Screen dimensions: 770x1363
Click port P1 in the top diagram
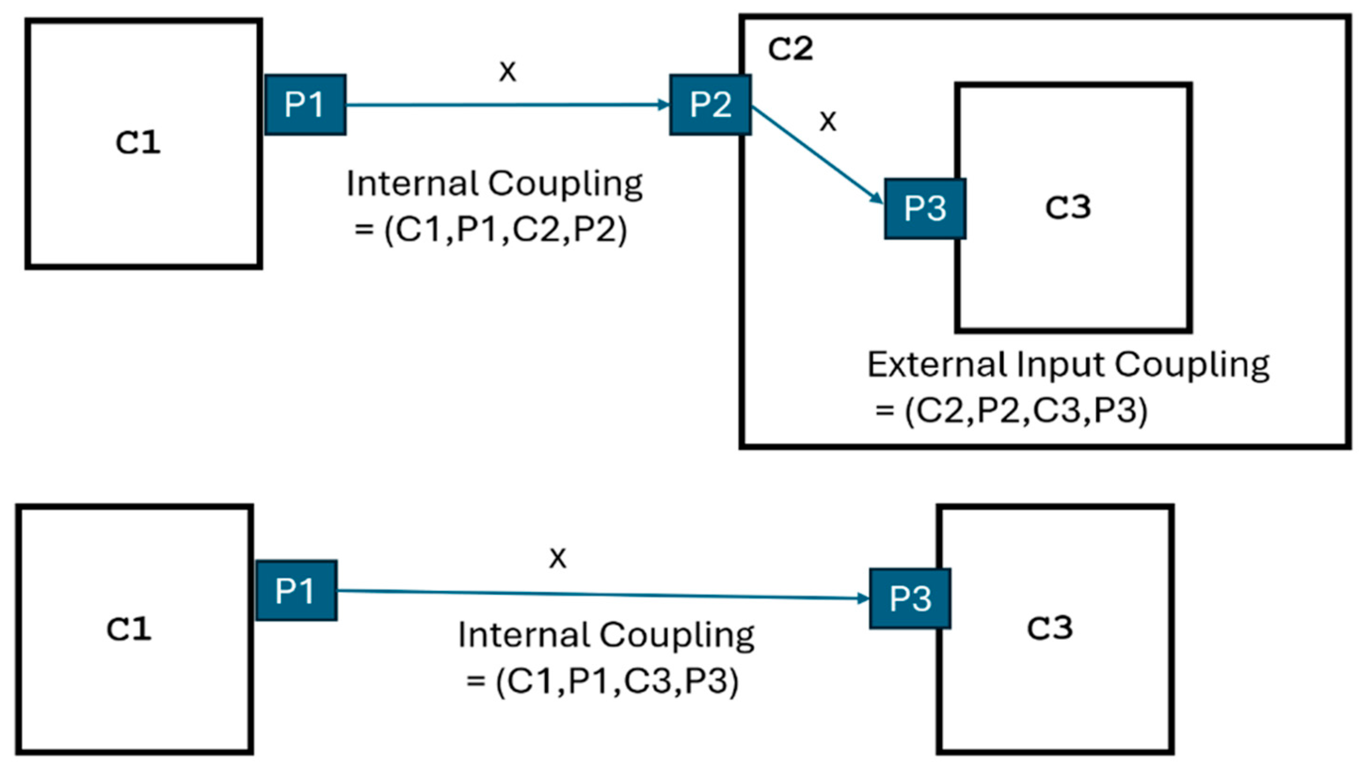pyautogui.click(x=305, y=105)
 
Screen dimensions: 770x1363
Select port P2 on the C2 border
pyautogui.click(x=710, y=105)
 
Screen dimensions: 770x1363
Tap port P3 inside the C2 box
pyautogui.click(x=925, y=208)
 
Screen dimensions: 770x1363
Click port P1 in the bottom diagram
pyautogui.click(x=296, y=590)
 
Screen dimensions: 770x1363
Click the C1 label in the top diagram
pyautogui.click(x=138, y=143)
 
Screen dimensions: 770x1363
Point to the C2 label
pyautogui.click(x=790, y=49)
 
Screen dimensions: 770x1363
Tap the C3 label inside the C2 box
pyautogui.click(x=1068, y=207)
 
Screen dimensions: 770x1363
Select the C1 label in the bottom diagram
pyautogui.click(x=129, y=629)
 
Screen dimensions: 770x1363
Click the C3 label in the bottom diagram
pyautogui.click(x=1050, y=628)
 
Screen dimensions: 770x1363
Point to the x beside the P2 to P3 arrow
pyautogui.click(x=828, y=122)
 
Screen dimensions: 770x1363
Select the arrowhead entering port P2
pyautogui.click(x=664, y=105)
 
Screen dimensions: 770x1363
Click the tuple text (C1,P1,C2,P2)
pyautogui.click(x=505, y=230)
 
